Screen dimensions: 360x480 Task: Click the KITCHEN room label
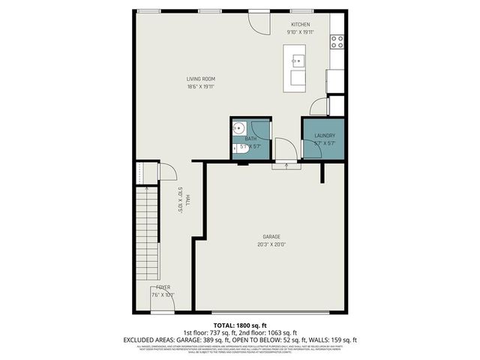click(x=299, y=25)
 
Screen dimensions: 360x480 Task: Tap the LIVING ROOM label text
click(x=201, y=79)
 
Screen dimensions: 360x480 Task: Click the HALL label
click(x=187, y=199)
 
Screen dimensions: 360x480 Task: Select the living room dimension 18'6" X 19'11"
click(x=201, y=87)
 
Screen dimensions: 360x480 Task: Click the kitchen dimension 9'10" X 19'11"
click(x=299, y=32)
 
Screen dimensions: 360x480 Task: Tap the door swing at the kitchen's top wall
click(x=259, y=23)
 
